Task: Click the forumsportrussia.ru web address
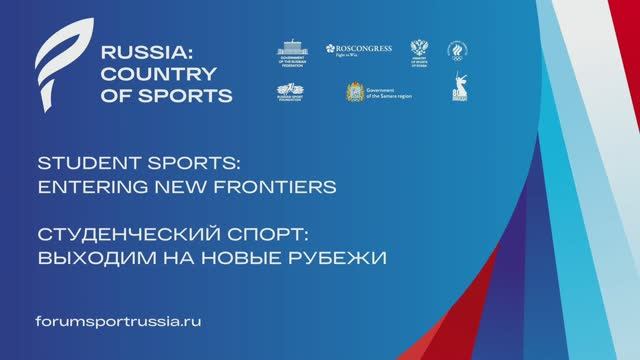coord(118,322)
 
